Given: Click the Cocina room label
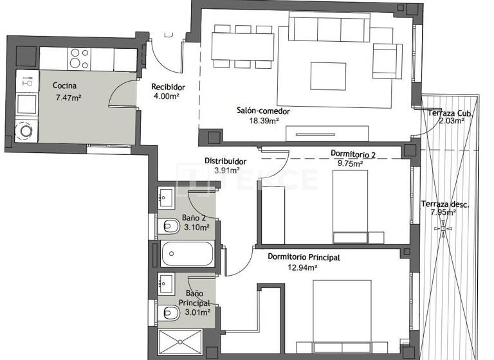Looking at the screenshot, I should (65, 86).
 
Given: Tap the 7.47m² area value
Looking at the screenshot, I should (68, 98).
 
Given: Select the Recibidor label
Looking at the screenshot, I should (168, 87).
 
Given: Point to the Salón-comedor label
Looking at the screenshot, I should (263, 111).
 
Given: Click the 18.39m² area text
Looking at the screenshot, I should (264, 120).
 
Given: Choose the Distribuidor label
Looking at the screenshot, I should (226, 161).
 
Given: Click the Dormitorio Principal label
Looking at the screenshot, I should (304, 257).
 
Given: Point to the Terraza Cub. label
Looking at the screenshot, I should (451, 114).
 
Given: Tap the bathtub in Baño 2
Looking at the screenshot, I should (187, 253).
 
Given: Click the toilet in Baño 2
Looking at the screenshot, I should (170, 226).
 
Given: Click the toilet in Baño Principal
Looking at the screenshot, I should (170, 313).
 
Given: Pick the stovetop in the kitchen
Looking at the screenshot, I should (80, 59).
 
